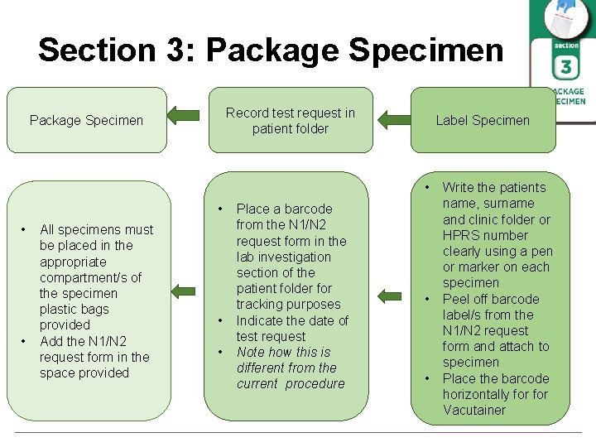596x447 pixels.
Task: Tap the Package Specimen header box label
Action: (86, 121)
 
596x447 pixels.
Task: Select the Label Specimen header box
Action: (483, 121)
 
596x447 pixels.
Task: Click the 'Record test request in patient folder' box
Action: (290, 121)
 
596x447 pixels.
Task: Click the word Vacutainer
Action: (473, 411)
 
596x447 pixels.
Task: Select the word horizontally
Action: (480, 395)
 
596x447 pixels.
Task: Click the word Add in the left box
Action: (52, 341)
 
